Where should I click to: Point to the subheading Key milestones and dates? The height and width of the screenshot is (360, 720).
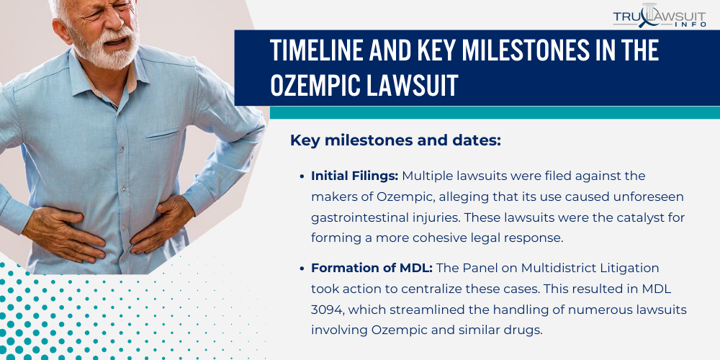click(395, 140)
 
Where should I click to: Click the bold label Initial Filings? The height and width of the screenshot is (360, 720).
click(354, 176)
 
